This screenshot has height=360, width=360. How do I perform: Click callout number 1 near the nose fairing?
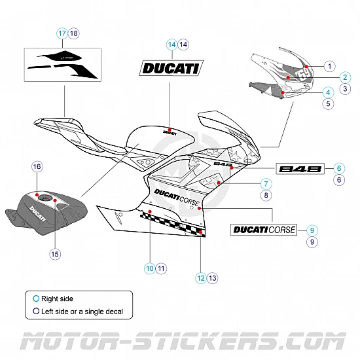(x=329, y=66)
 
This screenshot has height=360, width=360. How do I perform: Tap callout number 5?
(x=329, y=103)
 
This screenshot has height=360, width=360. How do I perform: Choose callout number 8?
(x=266, y=195)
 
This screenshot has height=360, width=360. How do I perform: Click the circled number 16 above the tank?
(x=37, y=168)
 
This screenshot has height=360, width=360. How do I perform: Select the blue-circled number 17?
(x=62, y=33)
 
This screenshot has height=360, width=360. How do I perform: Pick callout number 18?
(x=73, y=33)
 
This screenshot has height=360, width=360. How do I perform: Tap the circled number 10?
(x=150, y=268)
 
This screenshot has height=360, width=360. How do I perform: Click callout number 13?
(x=213, y=278)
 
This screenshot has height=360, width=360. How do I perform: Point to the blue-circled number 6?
(x=339, y=168)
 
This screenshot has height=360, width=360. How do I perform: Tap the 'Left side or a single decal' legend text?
(x=82, y=311)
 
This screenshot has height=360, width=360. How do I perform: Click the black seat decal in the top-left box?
(x=62, y=64)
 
